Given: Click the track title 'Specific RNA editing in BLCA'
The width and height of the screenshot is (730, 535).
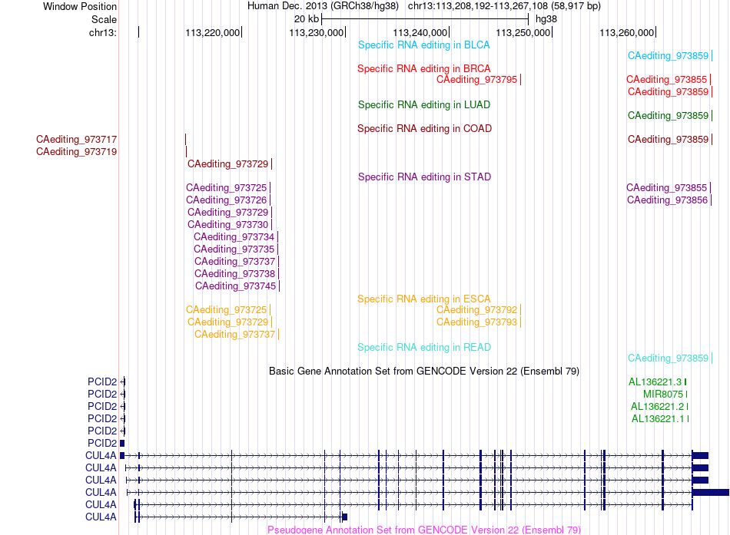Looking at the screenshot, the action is (x=423, y=45).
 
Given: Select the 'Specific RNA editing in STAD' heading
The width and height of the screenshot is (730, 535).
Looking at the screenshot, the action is (x=424, y=177).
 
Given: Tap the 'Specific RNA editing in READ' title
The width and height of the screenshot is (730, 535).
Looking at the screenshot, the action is (x=424, y=347).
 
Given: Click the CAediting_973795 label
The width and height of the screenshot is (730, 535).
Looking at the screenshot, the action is (x=476, y=80).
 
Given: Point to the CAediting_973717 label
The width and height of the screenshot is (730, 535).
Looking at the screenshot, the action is (x=76, y=139).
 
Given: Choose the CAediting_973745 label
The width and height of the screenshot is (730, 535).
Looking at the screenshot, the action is (x=236, y=286).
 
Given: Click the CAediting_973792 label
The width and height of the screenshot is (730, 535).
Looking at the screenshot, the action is (x=476, y=310).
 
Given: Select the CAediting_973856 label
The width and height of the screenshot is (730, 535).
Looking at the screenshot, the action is (x=667, y=200).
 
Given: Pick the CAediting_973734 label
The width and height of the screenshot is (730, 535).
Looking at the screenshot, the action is (x=234, y=236).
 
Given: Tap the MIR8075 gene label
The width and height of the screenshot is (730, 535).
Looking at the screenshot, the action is (x=663, y=394).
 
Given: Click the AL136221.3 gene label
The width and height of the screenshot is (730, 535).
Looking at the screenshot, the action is (x=655, y=382).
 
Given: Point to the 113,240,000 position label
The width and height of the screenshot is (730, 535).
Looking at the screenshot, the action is (x=420, y=32).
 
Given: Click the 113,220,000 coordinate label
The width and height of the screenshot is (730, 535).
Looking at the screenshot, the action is (x=212, y=32).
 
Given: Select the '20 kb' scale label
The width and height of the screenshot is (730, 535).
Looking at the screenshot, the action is (x=307, y=19).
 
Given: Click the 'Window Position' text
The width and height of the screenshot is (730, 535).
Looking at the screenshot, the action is (x=80, y=6).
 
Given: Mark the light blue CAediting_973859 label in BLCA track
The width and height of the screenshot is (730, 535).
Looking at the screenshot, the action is (x=668, y=56).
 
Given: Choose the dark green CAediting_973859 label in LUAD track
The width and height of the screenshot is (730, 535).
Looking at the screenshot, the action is (x=668, y=115).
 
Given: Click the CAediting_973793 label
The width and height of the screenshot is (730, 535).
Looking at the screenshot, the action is (x=476, y=322).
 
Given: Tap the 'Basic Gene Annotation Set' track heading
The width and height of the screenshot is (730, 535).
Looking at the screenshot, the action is (x=424, y=372).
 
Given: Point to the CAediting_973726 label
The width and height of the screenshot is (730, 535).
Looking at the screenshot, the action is (x=226, y=200).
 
